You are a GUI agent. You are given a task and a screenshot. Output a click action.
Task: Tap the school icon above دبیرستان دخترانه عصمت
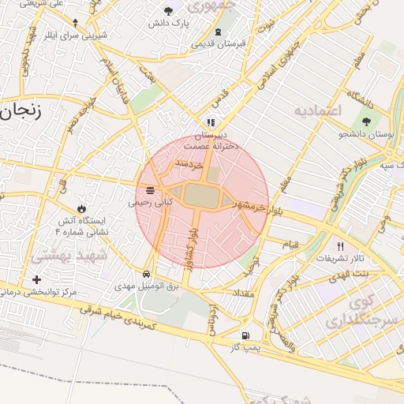(209, 122)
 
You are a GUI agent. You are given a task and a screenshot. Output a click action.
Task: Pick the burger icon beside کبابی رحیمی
(150, 190)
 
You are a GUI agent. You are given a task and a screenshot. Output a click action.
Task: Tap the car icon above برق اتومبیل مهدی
(147, 275)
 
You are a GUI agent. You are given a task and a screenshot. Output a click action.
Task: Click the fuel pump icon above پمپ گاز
(249, 335)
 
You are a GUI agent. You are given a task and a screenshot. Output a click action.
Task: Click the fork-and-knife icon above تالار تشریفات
(340, 245)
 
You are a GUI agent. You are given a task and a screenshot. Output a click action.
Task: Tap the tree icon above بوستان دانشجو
(366, 121)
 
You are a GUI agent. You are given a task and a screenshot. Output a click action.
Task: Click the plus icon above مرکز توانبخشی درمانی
(36, 279)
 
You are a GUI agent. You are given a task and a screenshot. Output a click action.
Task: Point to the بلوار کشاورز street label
(192, 238)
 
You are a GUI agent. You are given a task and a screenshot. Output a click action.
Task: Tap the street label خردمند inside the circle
(189, 164)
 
